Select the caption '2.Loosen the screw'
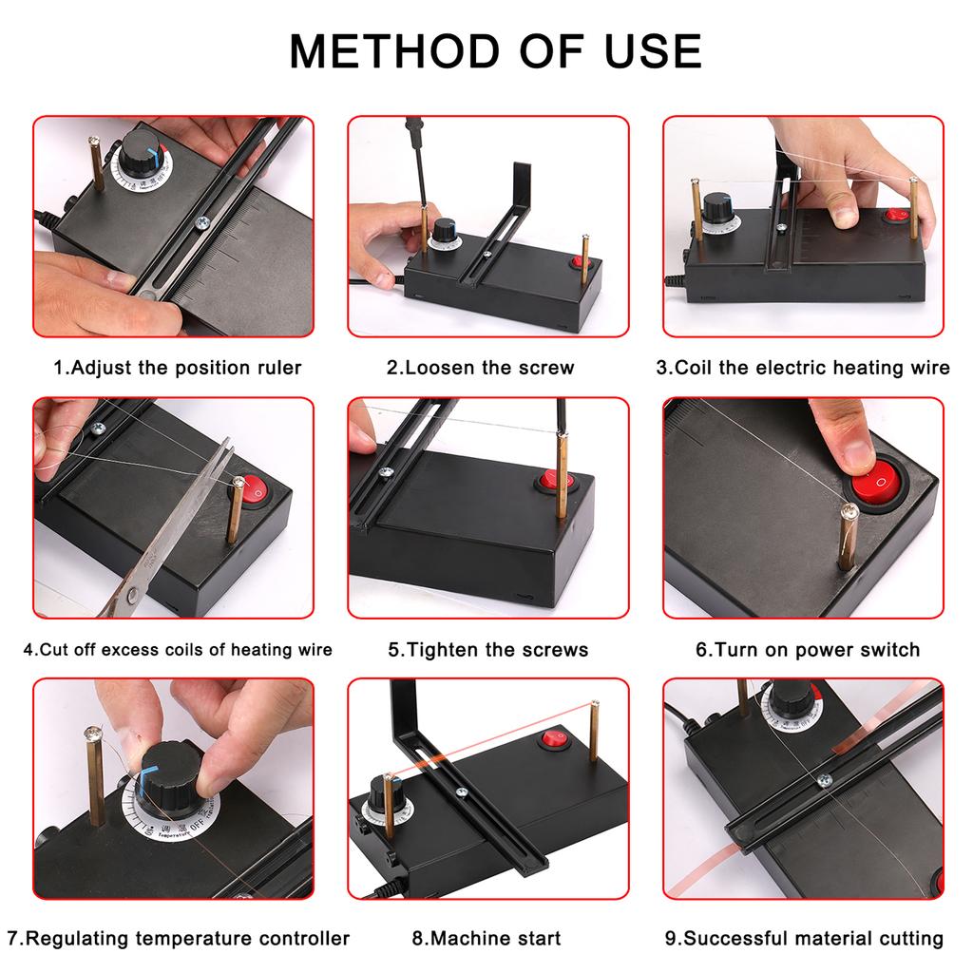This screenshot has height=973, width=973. click(480, 368)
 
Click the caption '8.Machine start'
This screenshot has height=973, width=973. click(486, 938)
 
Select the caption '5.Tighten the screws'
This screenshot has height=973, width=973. click(487, 650)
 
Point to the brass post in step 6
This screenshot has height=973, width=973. click(846, 538)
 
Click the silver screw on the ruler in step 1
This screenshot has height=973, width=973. click(201, 222)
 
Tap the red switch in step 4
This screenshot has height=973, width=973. click(256, 489)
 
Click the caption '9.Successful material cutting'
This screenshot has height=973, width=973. click(804, 938)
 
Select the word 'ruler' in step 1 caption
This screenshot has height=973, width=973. click(276, 368)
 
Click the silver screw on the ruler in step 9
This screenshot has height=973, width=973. click(824, 780)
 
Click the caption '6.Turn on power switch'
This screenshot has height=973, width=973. click(808, 650)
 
